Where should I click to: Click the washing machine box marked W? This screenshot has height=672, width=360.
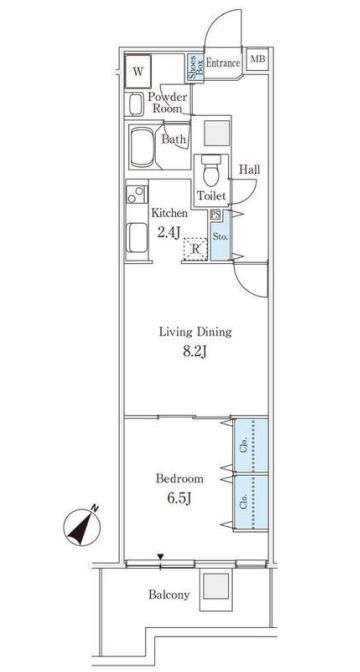point(138,72)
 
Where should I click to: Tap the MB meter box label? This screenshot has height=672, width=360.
point(258,59)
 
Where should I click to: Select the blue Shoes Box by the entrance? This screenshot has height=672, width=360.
point(194,68)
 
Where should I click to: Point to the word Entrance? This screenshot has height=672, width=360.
point(222,63)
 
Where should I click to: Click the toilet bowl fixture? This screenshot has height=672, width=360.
point(210,171)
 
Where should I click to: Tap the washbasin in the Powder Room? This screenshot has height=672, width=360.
point(135,104)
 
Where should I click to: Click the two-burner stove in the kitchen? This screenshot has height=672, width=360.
point(136,195)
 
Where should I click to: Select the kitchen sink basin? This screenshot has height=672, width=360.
point(137,238)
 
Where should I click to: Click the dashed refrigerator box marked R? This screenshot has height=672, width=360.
point(195,249)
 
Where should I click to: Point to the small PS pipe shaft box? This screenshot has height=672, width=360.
point(215,215)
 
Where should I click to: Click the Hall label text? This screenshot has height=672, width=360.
point(249,170)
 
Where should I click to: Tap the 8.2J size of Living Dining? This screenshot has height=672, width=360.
point(195,352)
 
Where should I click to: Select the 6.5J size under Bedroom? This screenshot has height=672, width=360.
point(179,498)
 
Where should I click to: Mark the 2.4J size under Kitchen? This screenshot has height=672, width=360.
point(168,231)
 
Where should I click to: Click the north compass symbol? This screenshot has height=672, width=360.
point(82,525)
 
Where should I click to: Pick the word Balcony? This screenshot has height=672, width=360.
point(169,595)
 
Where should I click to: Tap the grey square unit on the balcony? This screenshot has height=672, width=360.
point(216,586)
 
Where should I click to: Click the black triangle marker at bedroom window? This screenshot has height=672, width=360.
point(160,557)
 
